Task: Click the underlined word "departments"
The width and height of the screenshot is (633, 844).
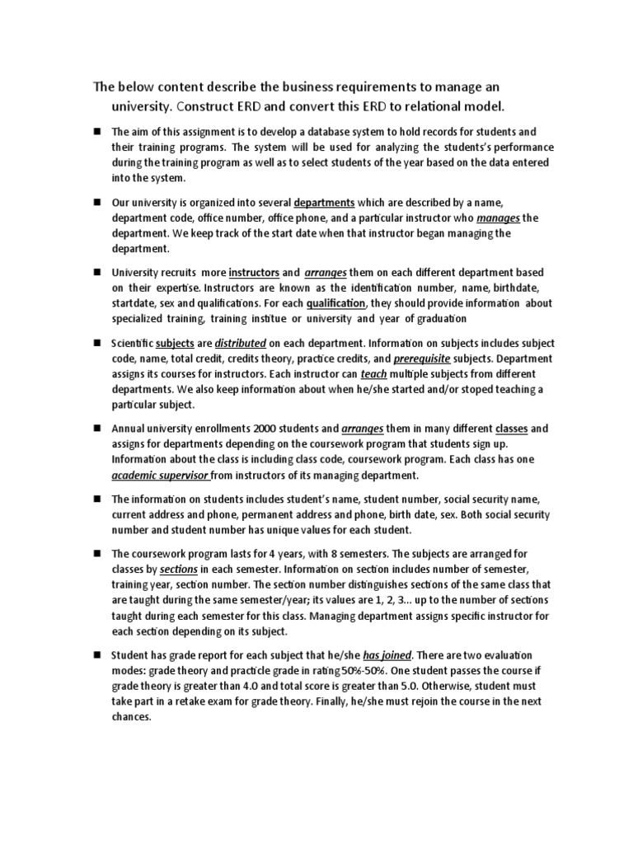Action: point(324,202)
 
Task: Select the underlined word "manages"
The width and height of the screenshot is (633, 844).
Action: point(495,218)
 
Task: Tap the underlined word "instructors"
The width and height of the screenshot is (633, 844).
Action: point(253,272)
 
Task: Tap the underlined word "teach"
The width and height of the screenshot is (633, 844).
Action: point(373,374)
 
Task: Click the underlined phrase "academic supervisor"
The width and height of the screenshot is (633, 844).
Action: point(162,476)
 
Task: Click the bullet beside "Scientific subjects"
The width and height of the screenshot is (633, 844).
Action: point(96,343)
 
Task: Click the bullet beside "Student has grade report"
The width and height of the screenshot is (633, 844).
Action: point(96,655)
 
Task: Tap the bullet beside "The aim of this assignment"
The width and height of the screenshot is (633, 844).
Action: point(96,132)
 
